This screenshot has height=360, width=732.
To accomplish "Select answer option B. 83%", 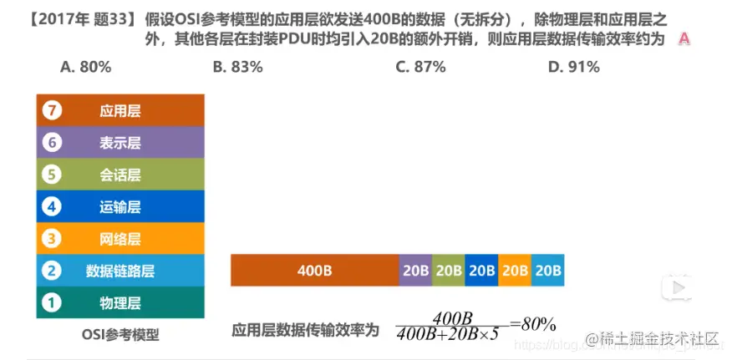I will click(237, 67).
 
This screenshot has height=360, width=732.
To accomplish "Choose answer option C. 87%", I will click(420, 67).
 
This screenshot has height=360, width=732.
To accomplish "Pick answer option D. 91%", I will click(573, 67).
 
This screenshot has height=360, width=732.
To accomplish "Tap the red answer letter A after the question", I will click(684, 38).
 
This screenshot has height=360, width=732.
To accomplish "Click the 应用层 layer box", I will click(120, 110).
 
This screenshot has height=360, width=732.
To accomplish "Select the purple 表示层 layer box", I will click(120, 143).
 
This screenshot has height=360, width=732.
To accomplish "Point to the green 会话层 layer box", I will click(120, 175).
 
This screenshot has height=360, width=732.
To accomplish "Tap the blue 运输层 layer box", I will click(120, 206).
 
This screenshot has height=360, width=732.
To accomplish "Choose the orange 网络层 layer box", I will click(120, 239).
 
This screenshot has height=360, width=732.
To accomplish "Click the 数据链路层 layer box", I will click(120, 271).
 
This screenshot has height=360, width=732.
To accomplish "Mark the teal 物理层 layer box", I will click(120, 302).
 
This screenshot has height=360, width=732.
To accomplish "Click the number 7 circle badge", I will click(52, 110).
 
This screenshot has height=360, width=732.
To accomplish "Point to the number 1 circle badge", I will click(52, 302).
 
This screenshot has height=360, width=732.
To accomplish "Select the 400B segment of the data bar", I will click(314, 271).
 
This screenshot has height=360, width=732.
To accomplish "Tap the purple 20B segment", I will click(415, 271).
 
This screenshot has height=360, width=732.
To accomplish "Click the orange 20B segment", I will click(514, 271).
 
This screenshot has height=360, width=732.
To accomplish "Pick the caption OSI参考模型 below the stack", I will click(119, 335).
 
